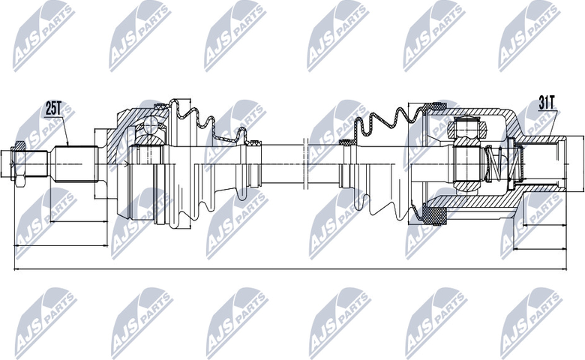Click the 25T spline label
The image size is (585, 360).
54,109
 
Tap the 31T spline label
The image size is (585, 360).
547,103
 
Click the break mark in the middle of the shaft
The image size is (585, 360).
305,163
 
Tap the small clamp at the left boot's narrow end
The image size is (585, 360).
254,142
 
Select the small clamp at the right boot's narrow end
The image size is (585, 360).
346,142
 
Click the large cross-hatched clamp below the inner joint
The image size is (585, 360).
434,216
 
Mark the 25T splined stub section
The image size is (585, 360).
76,163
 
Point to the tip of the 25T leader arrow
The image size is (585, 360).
68,145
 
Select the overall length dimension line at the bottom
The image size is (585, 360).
290,268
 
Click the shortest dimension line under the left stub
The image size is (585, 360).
78,221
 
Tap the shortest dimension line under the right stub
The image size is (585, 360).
544,225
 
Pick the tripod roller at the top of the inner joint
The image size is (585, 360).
468,127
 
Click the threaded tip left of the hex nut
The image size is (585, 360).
7,163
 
